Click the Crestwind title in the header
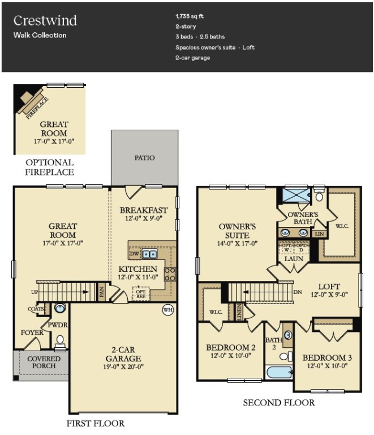coord(45,21)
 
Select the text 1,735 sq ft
coord(190,16)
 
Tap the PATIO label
coord(145,158)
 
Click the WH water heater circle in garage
coord(168,310)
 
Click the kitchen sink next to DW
coord(149,254)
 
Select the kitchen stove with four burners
coord(170,274)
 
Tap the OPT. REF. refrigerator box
coord(141,293)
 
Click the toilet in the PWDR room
coord(60,341)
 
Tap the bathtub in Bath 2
coord(279,372)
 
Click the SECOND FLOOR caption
coord(278,403)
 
